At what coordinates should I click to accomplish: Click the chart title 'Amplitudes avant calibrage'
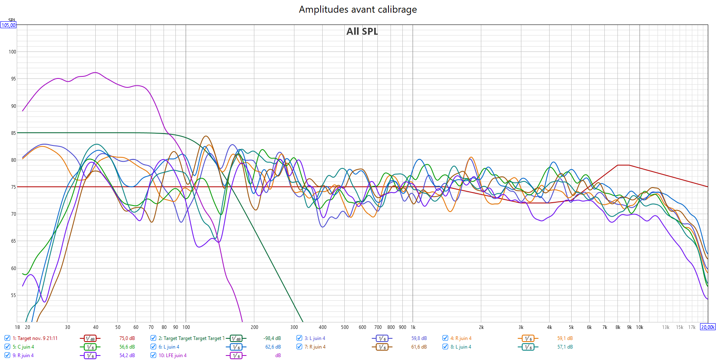tap(358, 9)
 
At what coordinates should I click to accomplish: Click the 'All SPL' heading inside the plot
tap(362, 31)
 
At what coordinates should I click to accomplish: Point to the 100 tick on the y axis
tap(12, 52)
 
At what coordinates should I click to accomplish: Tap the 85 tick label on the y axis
tap(13, 133)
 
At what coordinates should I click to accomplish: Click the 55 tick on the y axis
tap(13, 295)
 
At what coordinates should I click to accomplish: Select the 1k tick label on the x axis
tap(413, 327)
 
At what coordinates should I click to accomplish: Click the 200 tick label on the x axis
tap(254, 327)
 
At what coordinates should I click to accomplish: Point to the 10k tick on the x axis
tap(640, 327)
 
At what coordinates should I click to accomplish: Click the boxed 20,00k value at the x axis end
tap(708, 327)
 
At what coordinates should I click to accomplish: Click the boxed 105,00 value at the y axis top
tap(8, 25)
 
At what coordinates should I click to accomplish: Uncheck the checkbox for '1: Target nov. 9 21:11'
tap(7, 338)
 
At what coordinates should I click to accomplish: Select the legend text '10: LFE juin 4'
tap(172, 356)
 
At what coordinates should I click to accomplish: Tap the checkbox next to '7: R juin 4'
tap(299, 347)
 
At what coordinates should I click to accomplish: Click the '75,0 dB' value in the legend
tap(127, 338)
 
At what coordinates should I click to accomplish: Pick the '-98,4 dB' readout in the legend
tap(272, 338)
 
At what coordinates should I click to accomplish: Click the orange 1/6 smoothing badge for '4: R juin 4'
tap(528, 338)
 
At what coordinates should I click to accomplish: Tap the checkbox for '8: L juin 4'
tap(445, 347)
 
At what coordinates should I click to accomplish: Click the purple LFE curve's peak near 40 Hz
tap(95, 73)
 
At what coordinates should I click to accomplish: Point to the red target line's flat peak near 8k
tap(623, 165)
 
